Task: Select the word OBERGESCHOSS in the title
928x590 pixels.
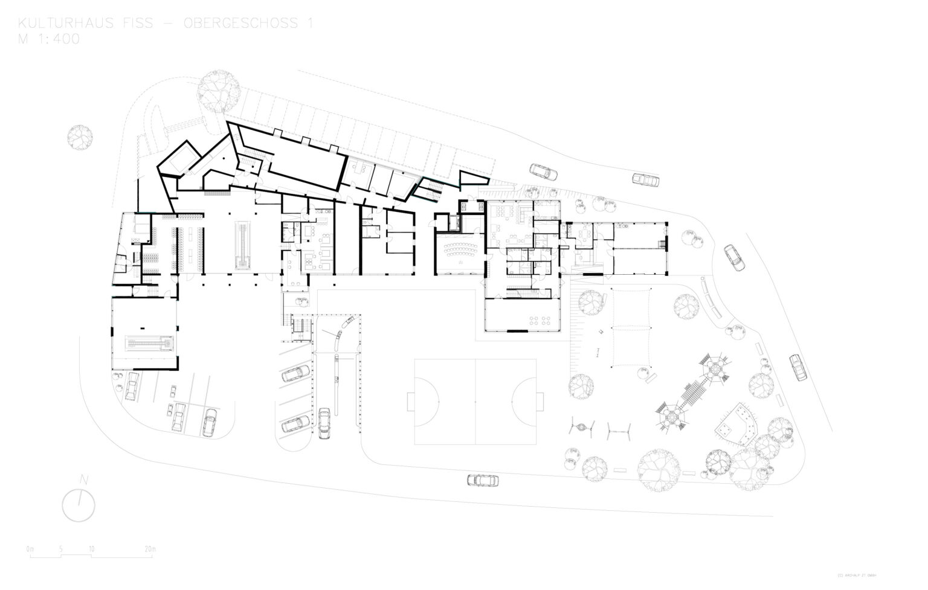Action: [242, 24]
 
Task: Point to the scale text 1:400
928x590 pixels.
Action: [58, 39]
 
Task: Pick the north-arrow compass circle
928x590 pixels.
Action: [79, 505]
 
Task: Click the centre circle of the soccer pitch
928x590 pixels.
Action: [475, 402]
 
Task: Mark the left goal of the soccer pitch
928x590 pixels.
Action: [410, 402]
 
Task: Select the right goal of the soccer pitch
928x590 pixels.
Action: [540, 402]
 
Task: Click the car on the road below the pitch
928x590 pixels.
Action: [483, 481]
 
